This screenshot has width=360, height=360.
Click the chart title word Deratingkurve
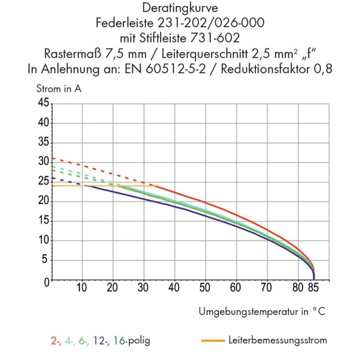point(180,8)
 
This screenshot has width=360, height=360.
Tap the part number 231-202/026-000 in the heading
point(211,23)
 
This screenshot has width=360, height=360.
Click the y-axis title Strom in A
point(59,89)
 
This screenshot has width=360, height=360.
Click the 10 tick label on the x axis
point(82,288)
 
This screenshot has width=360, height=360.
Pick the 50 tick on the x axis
point(205,288)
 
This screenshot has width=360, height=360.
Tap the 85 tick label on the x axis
point(314,288)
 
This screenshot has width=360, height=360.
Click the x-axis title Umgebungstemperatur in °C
point(262,311)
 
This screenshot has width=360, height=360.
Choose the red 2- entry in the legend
point(55,340)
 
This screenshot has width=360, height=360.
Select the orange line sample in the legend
point(212,340)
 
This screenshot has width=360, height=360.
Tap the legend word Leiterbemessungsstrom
point(278,340)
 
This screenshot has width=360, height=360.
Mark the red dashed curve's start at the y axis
point(53,158)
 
